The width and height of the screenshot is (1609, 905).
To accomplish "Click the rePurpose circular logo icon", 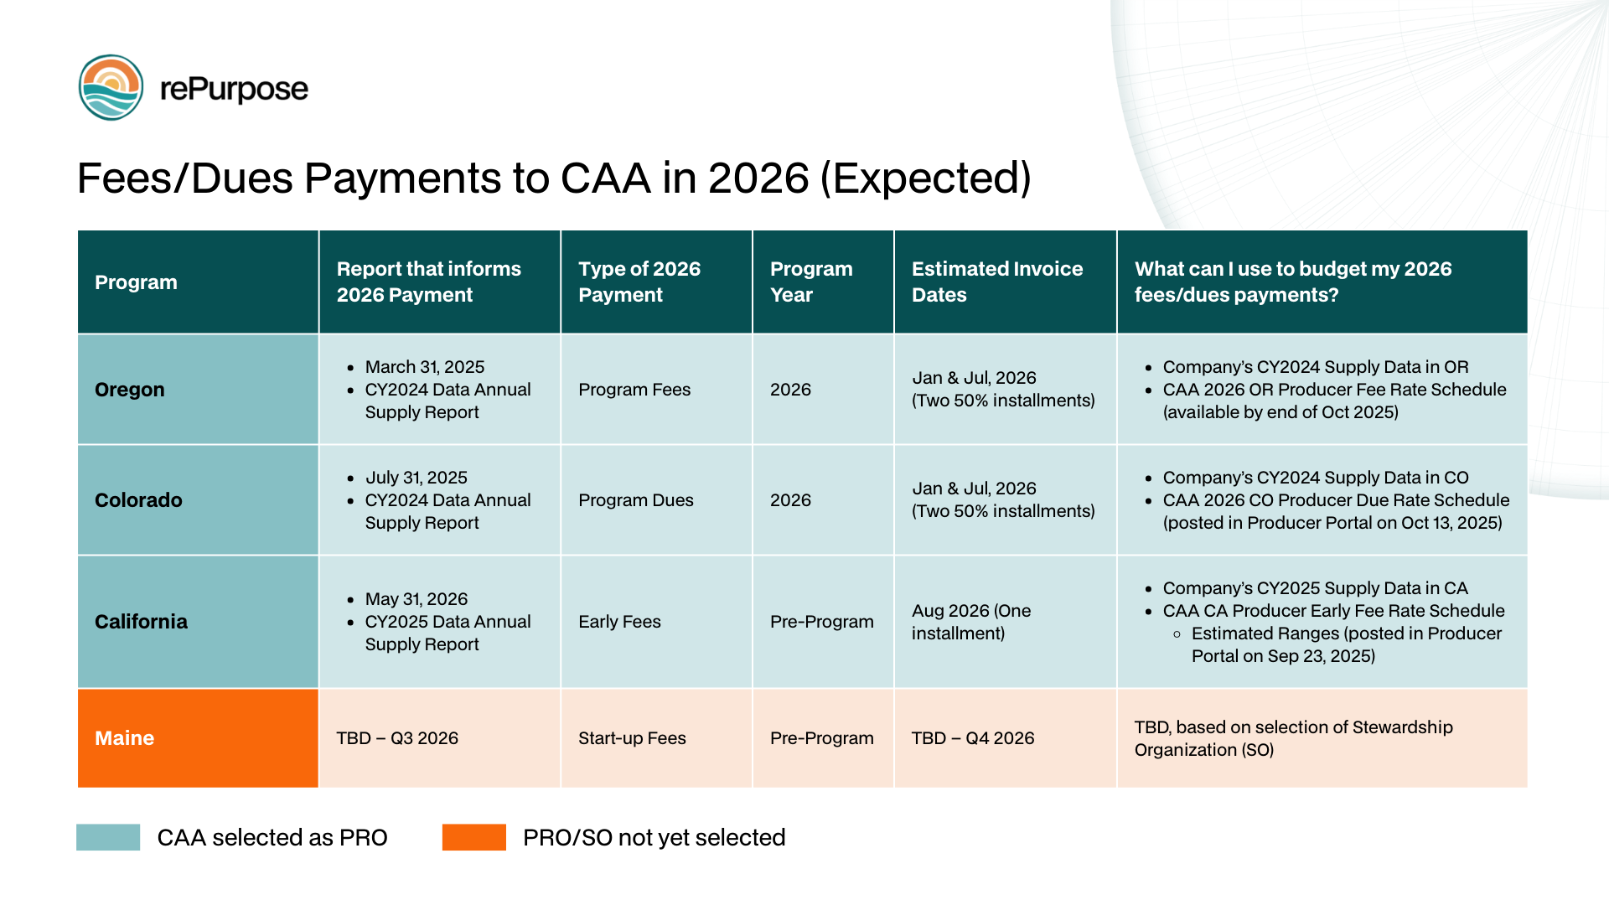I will [x=111, y=88].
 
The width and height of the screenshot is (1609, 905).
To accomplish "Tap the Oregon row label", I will [x=130, y=390].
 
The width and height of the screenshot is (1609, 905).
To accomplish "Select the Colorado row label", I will [x=138, y=500].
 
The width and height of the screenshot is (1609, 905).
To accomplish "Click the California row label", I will [x=141, y=622].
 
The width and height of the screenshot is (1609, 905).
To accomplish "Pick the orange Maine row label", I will [x=124, y=738].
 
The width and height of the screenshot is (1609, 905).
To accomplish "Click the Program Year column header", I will [x=810, y=282].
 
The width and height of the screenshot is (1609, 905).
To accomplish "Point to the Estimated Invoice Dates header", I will [x=996, y=282].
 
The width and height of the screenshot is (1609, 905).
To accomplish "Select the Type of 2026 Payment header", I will [x=639, y=282].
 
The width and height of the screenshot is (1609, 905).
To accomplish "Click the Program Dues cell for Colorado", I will [x=635, y=500].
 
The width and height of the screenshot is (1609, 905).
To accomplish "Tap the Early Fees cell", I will [x=619, y=622].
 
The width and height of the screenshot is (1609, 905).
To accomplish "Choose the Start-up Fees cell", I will [x=632, y=738].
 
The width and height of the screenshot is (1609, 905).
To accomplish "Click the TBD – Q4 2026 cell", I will [x=972, y=738].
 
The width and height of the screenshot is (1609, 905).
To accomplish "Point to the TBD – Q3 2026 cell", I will [x=397, y=738].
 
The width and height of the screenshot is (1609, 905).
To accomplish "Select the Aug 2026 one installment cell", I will [x=970, y=622].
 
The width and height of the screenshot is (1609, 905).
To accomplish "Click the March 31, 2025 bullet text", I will [x=425, y=367].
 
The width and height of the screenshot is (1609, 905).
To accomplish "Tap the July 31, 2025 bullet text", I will [x=416, y=478].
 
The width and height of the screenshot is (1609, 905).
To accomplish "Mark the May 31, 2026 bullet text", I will [x=416, y=599].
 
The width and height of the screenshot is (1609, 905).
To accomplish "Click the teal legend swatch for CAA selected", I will [x=108, y=837].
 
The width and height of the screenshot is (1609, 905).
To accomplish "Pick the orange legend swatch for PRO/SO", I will [x=474, y=837].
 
